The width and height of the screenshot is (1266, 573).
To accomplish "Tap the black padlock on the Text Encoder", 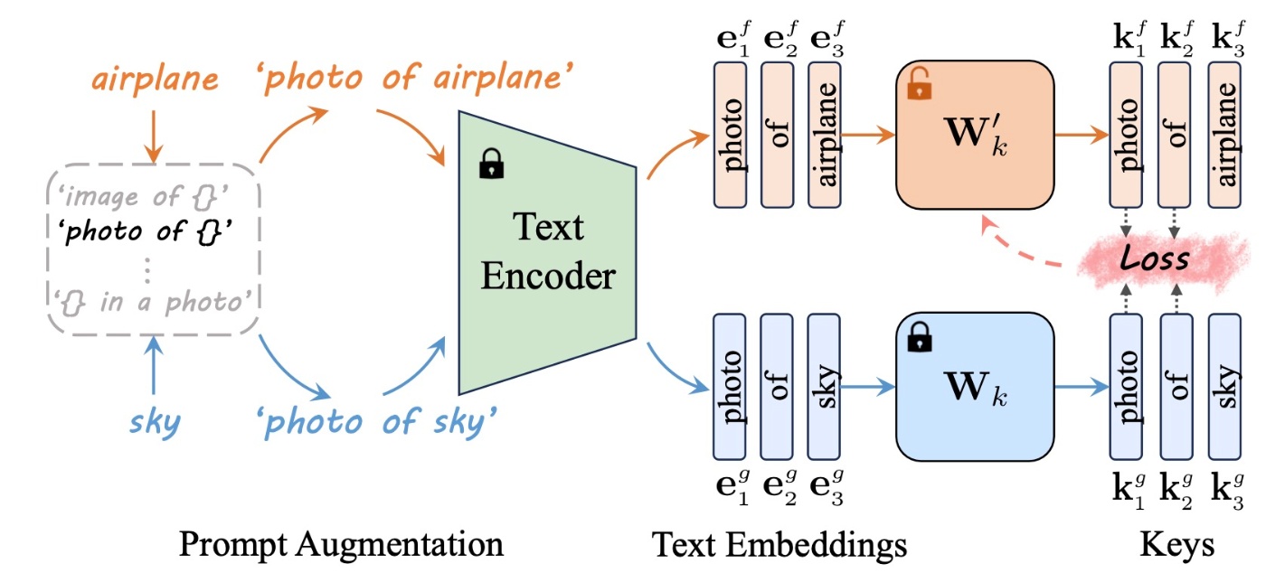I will pyautogui.click(x=491, y=164).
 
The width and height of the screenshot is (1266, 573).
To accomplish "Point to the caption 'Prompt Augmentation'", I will pyautogui.click(x=341, y=544).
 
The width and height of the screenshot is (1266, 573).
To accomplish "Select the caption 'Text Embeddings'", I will pyautogui.click(x=779, y=544).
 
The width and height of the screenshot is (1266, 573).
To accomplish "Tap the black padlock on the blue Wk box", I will pyautogui.click(x=918, y=341).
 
